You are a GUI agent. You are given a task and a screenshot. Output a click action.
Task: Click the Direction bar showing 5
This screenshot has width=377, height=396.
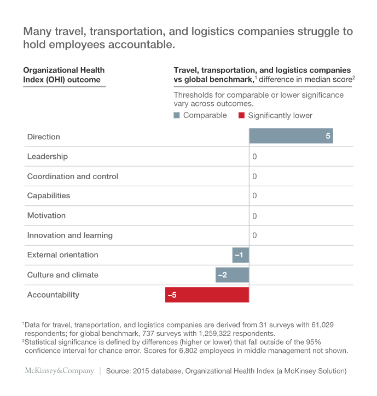coord(291,137)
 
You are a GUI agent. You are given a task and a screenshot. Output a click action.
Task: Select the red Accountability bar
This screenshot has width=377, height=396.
coord(207,295)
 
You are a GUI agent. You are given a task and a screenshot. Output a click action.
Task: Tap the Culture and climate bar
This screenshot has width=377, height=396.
coord(232,275)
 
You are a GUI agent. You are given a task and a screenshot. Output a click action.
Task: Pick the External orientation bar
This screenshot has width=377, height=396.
coord(240,255)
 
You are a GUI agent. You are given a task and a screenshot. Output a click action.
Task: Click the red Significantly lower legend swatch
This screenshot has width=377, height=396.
coord(242,115)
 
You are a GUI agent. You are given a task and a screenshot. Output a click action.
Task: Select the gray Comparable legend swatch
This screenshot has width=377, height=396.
coord(177,115)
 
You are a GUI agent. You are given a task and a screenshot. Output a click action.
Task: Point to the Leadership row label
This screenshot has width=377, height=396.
coord(48,157)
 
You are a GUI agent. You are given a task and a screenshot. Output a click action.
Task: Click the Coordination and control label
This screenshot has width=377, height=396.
coord(73,176)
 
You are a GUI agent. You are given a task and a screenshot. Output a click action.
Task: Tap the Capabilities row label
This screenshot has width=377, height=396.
coord(49,196)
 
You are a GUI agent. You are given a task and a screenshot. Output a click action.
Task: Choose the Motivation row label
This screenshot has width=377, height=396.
coord(47,216)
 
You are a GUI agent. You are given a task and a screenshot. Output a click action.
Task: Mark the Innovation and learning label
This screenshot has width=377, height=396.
coord(70,235)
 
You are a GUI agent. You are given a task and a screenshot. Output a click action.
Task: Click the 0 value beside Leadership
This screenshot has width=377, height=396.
coord(254,157)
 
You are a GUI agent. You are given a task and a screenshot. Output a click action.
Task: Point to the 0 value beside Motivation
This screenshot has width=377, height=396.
coord(254,216)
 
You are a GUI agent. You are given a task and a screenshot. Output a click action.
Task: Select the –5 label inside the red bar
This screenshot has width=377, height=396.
coord(172,295)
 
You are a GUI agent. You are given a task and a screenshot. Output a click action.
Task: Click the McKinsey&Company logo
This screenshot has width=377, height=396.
coord(59,371)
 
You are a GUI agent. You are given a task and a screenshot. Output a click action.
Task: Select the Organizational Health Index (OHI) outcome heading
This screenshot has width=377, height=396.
coord(63,75)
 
